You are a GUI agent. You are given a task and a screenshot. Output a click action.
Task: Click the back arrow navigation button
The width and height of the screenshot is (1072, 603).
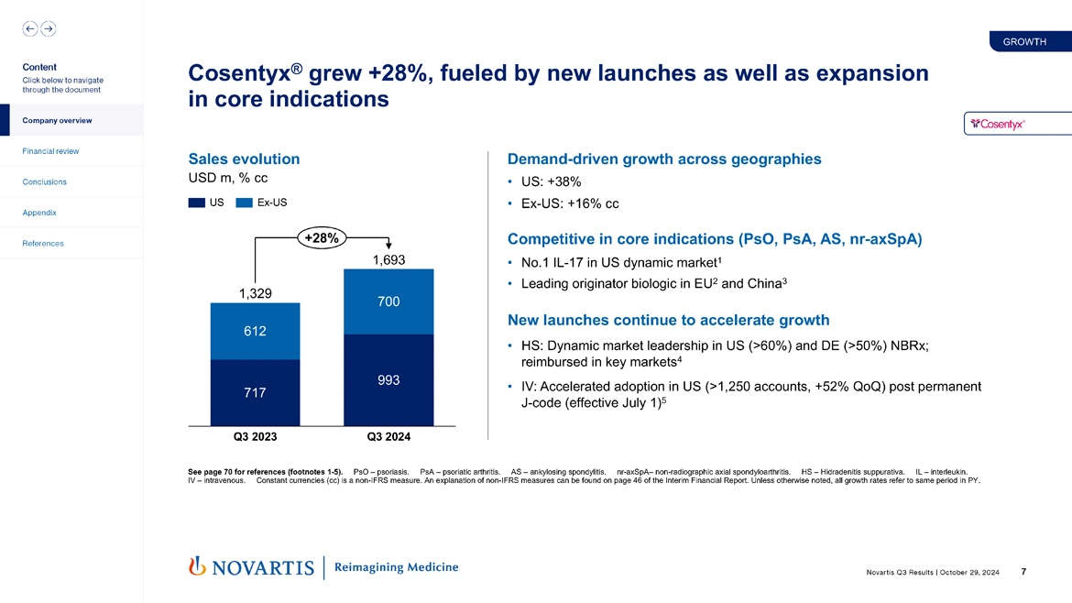pyautogui.click(x=30, y=28)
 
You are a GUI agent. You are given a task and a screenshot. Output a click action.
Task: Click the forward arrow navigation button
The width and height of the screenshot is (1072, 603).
pyautogui.click(x=48, y=28)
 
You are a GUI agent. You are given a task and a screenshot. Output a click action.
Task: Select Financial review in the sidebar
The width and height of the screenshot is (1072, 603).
pyautogui.click(x=51, y=151)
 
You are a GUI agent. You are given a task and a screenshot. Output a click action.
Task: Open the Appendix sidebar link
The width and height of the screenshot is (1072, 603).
pyautogui.click(x=39, y=213)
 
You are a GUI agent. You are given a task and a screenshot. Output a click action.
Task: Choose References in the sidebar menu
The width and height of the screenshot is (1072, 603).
pyautogui.click(x=43, y=244)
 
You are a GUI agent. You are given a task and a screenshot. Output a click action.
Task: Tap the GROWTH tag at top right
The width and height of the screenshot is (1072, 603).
pyautogui.click(x=1024, y=41)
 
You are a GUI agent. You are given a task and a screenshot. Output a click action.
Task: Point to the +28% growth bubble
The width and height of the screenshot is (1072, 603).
pyautogui.click(x=321, y=238)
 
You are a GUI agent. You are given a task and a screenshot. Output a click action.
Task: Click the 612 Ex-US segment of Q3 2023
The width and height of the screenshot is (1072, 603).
pyautogui.click(x=255, y=331)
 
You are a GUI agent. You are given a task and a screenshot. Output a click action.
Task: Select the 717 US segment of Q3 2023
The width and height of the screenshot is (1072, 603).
pyautogui.click(x=255, y=393)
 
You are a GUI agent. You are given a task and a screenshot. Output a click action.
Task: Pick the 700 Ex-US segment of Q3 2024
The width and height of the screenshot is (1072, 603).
pyautogui.click(x=388, y=301)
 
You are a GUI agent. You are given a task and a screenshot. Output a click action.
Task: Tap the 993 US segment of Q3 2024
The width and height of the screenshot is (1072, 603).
pyautogui.click(x=388, y=380)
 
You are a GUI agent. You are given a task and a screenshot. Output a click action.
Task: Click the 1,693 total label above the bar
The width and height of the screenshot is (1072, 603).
pyautogui.click(x=388, y=260)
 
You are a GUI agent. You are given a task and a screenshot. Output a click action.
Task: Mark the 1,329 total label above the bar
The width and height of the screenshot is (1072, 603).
pyautogui.click(x=256, y=293)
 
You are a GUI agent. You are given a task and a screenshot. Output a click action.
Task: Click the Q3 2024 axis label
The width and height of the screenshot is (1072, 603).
pyautogui.click(x=388, y=436)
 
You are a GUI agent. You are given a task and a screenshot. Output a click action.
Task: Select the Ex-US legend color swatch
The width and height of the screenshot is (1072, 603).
pyautogui.click(x=244, y=203)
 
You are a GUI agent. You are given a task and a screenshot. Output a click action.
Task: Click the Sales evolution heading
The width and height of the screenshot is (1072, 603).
pyautogui.click(x=244, y=159)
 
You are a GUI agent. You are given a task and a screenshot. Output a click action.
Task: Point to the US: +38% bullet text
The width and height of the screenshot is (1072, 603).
pyautogui.click(x=551, y=181)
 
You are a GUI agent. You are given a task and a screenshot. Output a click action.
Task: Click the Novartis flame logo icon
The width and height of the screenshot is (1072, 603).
pyautogui.click(x=195, y=567)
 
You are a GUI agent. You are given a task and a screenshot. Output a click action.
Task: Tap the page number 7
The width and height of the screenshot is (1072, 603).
pyautogui.click(x=1023, y=572)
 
